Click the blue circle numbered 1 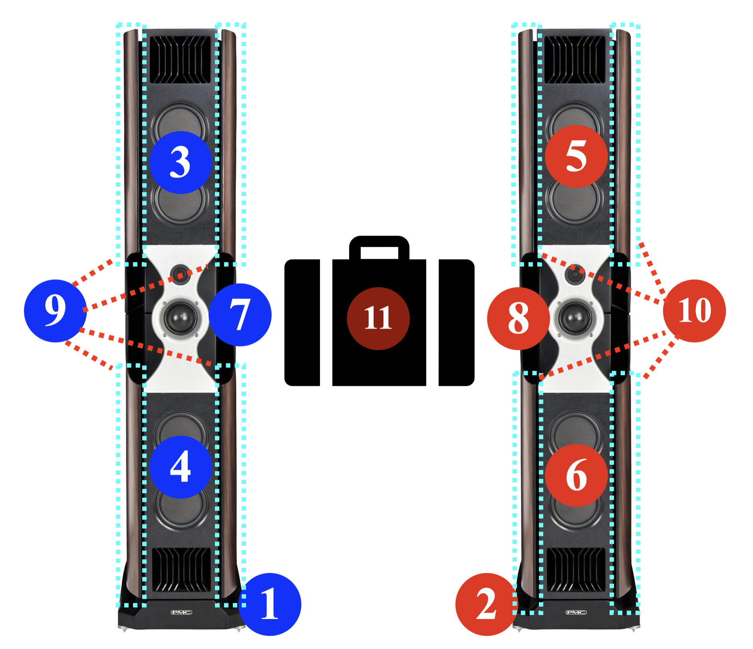[270, 604]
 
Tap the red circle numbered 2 [487, 604]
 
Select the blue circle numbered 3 [181, 162]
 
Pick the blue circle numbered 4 [181, 466]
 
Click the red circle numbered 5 [576, 156]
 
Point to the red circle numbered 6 [576, 475]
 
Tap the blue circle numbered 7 [240, 314]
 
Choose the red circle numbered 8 [518, 318]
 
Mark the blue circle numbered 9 [55, 311]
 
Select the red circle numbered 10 [694, 311]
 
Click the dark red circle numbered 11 [378, 318]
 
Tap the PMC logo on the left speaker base [181, 612]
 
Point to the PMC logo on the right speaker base [576, 612]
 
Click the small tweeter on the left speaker [180, 274]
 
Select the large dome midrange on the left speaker [180, 318]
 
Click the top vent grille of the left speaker [180, 60]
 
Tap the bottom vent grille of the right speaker [576, 569]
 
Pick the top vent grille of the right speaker [575, 60]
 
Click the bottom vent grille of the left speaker [181, 569]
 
